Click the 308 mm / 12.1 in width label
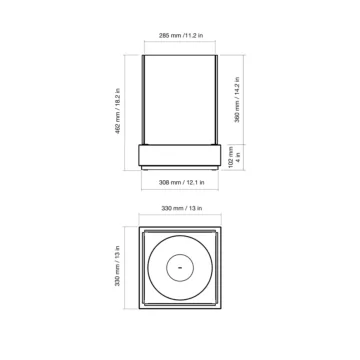coord(180,184)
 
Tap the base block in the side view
coord(180,154)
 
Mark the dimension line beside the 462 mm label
coord(126,110)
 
